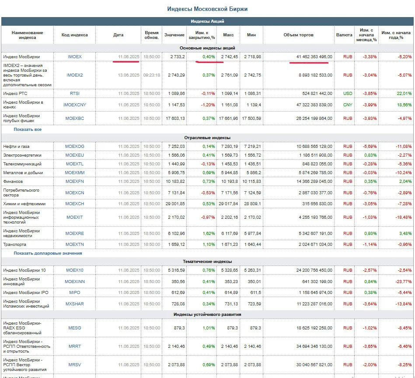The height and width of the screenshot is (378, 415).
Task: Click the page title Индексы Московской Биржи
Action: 207,9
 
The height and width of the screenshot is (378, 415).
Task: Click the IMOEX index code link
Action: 75,56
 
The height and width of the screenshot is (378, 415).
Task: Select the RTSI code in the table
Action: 75,94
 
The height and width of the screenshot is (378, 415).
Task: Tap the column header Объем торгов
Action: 298,35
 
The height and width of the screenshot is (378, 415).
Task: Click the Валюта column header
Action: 344,35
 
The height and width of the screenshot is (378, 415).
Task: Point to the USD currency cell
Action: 348,94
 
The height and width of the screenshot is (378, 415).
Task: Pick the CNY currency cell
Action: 348,105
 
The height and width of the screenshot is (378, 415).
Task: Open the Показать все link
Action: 28,129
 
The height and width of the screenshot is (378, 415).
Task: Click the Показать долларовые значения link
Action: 48,253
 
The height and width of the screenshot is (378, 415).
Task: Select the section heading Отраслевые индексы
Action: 207,138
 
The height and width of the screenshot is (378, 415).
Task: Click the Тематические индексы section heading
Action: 207,262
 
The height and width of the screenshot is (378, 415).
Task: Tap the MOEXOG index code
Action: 75,147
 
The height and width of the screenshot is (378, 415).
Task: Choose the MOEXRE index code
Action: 75,234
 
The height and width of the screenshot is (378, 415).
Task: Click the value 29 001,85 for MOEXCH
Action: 175,204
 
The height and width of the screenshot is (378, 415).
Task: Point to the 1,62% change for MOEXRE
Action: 209,234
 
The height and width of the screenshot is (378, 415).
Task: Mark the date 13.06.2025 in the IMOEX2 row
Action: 129,75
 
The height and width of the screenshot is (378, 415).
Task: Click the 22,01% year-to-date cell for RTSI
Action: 404,94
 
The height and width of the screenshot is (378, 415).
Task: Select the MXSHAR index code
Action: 75,304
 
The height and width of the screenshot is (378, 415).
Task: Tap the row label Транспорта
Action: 14,244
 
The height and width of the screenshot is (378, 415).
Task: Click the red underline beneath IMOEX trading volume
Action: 309,63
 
